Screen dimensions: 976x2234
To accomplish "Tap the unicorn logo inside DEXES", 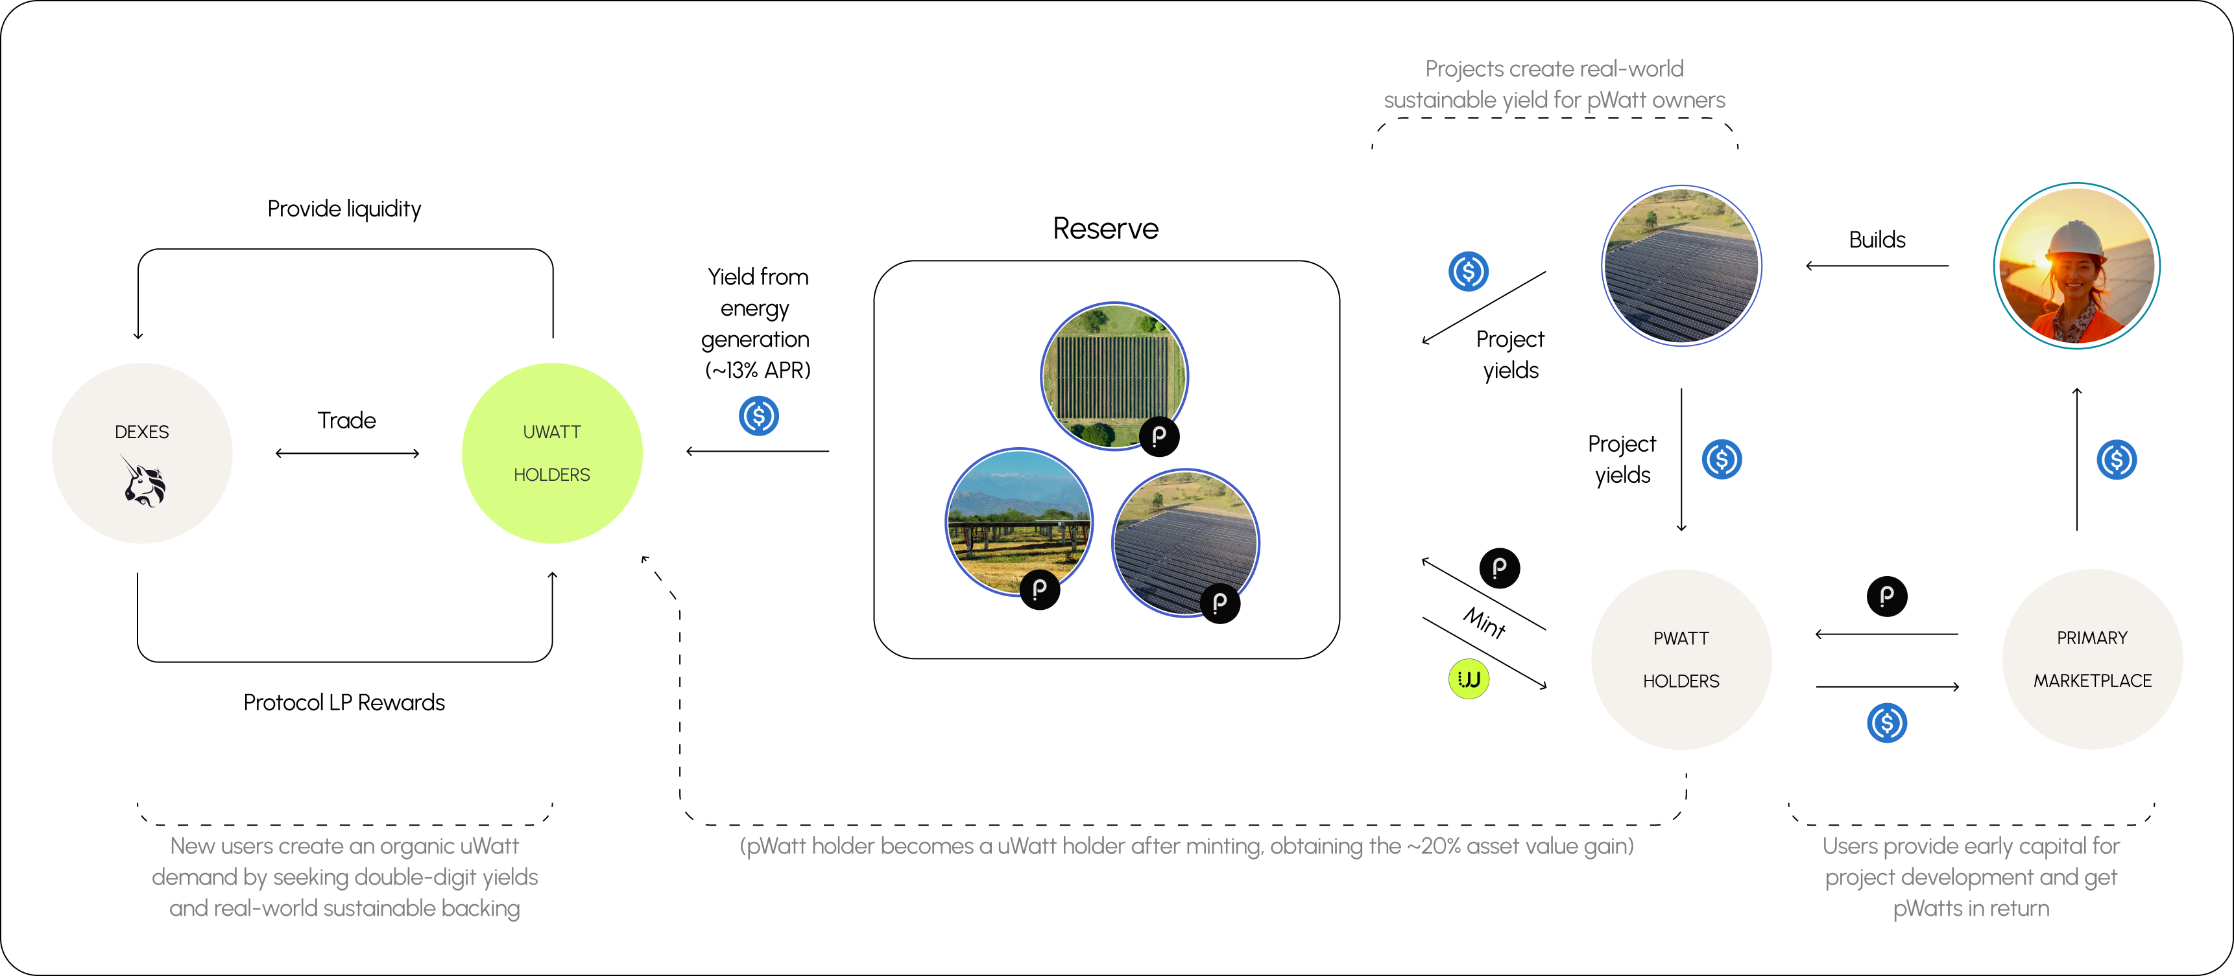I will (x=143, y=482).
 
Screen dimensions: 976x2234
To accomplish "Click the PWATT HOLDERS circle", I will (x=1681, y=658).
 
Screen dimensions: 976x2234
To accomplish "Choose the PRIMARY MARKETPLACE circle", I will (x=2092, y=658).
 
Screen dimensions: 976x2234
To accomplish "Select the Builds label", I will (x=1877, y=240).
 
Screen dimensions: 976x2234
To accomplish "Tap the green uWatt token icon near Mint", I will (x=1468, y=679).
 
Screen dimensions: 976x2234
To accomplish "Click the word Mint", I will (x=1485, y=622).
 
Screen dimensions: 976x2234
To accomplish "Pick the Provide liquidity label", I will (x=344, y=209).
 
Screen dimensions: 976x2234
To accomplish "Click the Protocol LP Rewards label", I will (x=344, y=702).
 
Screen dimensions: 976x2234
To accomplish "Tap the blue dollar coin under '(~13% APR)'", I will (x=759, y=416).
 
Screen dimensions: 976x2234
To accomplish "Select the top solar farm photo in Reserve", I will (x=1114, y=375).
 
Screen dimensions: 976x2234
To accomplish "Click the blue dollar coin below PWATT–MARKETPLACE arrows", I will (x=1886, y=723).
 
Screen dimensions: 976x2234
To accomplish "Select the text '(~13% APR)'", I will (x=758, y=370).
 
